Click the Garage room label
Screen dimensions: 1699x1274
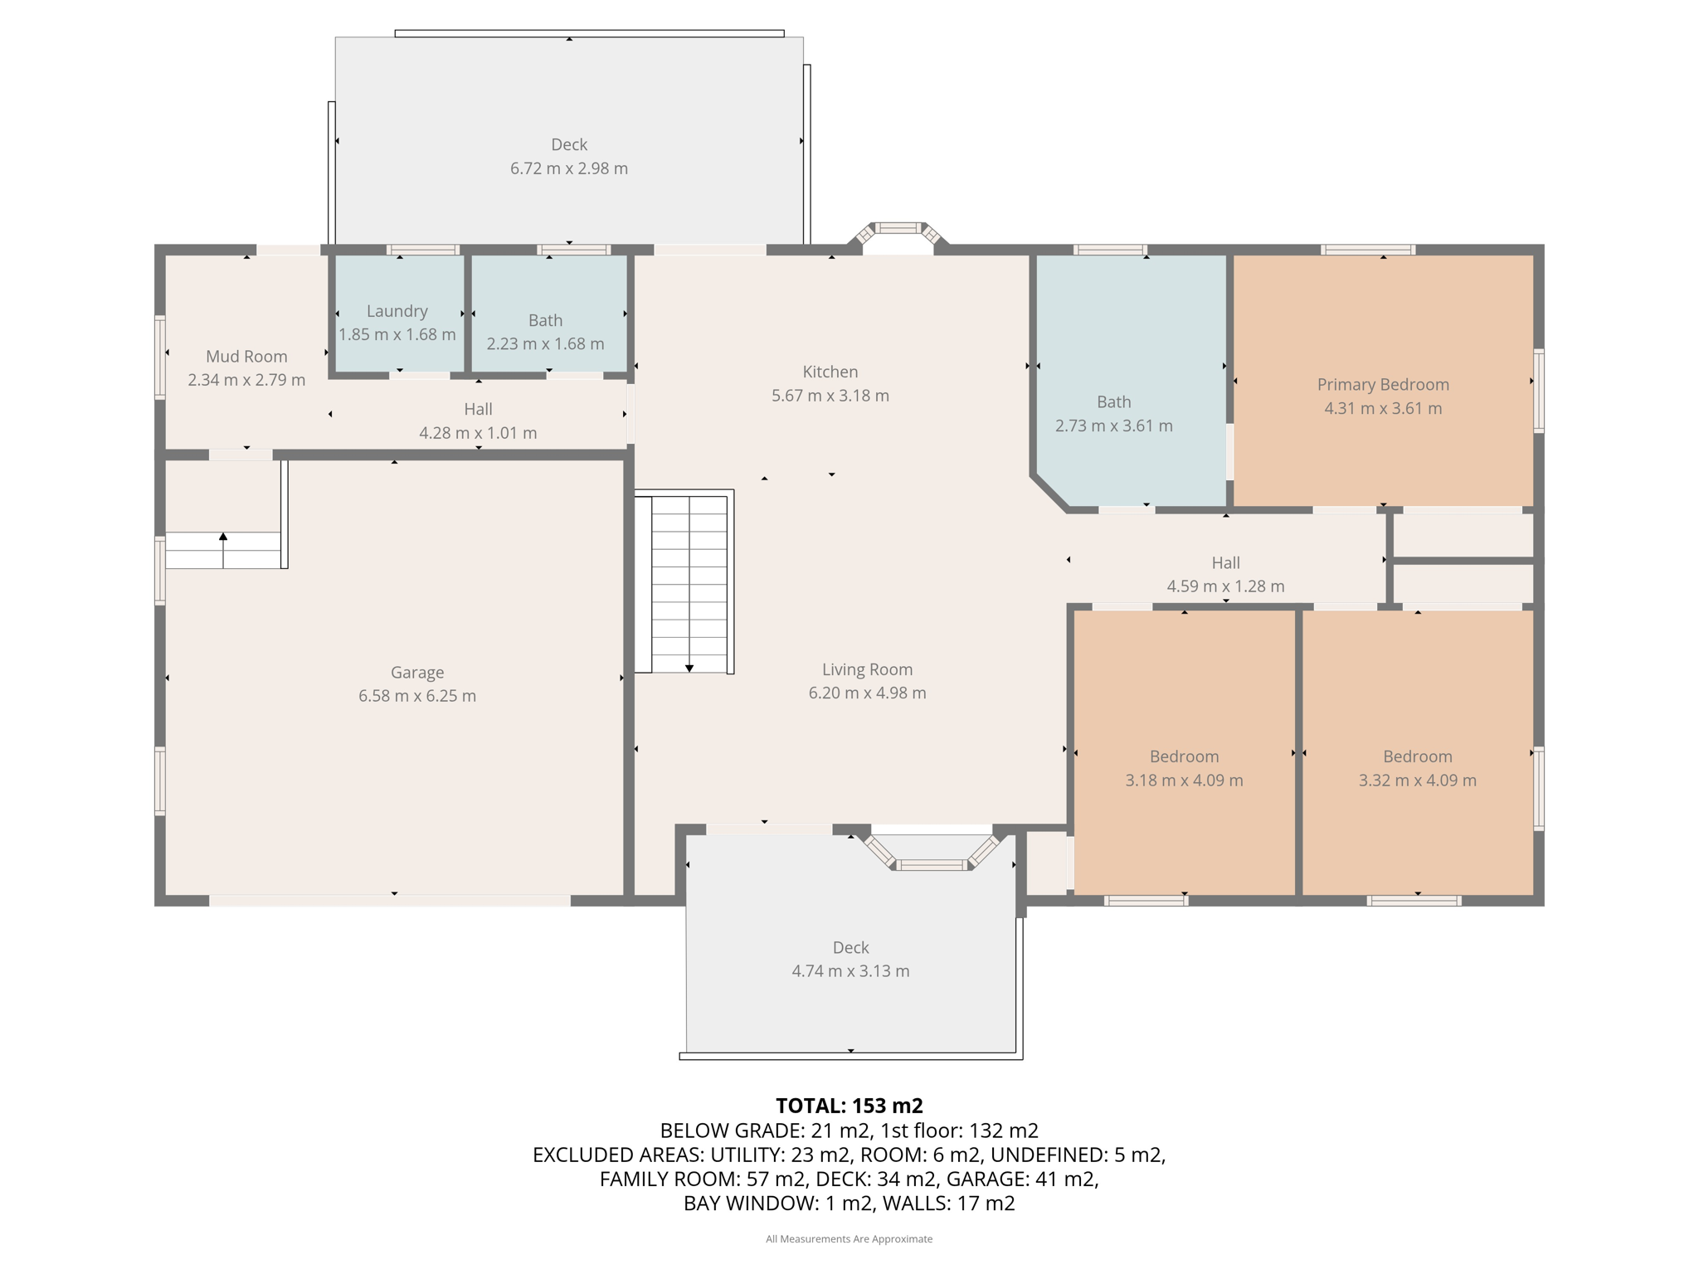pyautogui.click(x=417, y=672)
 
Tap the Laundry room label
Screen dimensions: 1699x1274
pyautogui.click(x=397, y=311)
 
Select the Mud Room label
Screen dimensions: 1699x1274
pyautogui.click(x=246, y=356)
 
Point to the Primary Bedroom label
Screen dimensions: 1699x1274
pyautogui.click(x=1383, y=385)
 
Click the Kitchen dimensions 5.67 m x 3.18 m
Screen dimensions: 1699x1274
pyautogui.click(x=830, y=396)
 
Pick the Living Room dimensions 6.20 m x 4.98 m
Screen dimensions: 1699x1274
pyautogui.click(x=868, y=693)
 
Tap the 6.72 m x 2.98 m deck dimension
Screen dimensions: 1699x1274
pyautogui.click(x=569, y=168)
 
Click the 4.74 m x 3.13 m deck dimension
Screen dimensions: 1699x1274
pyautogui.click(x=851, y=971)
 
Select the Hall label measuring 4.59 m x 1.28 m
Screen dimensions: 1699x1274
pyautogui.click(x=1226, y=562)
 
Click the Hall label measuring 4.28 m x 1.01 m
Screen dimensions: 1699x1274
pyautogui.click(x=478, y=409)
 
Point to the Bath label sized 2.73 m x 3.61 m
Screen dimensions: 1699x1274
pyautogui.click(x=1114, y=401)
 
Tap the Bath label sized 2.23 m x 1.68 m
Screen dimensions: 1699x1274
pyautogui.click(x=546, y=320)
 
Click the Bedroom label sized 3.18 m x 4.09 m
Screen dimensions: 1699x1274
pyautogui.click(x=1185, y=756)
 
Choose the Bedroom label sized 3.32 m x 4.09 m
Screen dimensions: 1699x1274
pyautogui.click(x=1418, y=756)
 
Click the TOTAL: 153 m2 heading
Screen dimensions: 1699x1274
pyautogui.click(x=849, y=1106)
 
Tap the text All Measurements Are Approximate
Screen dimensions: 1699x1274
pyautogui.click(x=849, y=1239)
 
